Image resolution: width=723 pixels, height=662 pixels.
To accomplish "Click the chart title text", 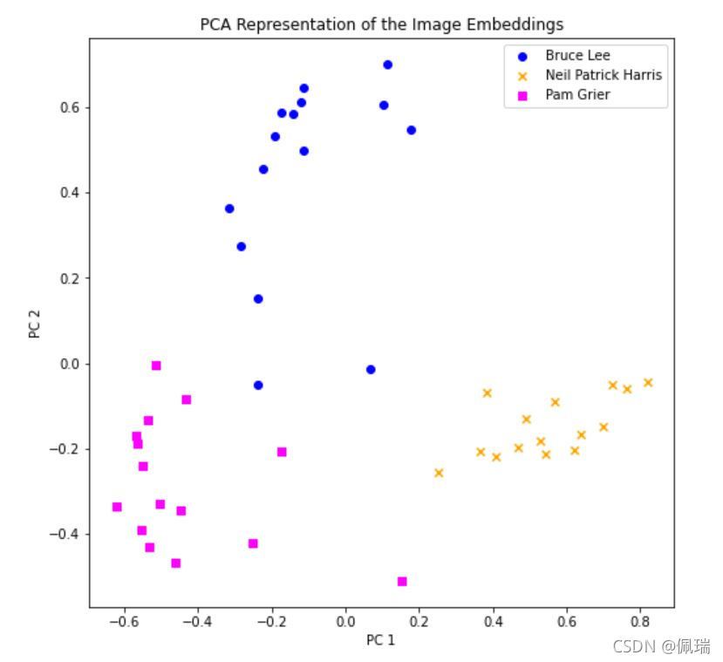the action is (382, 24).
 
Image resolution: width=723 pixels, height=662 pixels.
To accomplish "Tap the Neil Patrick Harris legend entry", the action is (591, 75).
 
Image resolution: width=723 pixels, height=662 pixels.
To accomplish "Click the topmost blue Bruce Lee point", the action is (388, 65).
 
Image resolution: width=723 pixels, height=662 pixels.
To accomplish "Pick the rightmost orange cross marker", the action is (648, 382).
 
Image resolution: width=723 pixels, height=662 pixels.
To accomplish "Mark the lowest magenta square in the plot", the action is (402, 582).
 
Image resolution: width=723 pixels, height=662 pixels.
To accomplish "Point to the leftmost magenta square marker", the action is (117, 507).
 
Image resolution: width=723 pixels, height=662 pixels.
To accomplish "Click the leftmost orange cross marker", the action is (439, 473).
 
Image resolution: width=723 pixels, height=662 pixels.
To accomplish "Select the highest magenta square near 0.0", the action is (156, 365).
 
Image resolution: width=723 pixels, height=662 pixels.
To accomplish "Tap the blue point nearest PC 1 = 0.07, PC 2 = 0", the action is (371, 369).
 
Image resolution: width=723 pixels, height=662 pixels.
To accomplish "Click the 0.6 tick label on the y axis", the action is (70, 107).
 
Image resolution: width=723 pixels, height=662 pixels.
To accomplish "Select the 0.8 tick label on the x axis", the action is (640, 621).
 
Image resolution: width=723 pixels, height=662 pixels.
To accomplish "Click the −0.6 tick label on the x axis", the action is (124, 621).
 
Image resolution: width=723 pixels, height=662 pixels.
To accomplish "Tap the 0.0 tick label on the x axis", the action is (345, 621).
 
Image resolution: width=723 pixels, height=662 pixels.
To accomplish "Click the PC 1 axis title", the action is (381, 640).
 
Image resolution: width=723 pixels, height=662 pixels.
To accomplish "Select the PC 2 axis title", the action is (35, 324).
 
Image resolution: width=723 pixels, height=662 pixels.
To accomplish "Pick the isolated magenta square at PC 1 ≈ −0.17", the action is (282, 452).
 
